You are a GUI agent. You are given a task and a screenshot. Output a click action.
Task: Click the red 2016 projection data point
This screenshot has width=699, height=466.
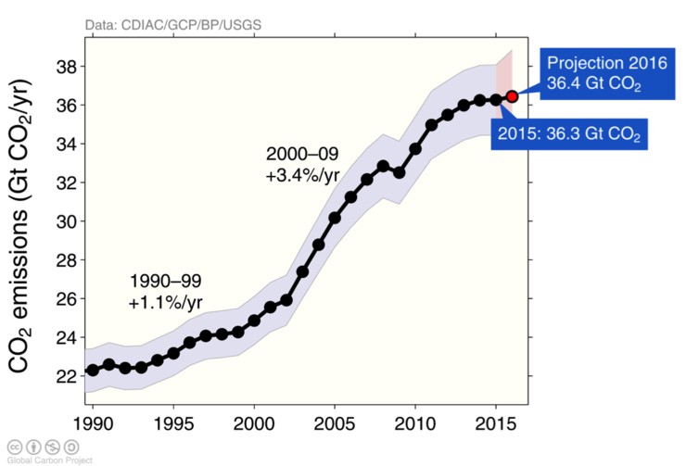[x=512, y=96]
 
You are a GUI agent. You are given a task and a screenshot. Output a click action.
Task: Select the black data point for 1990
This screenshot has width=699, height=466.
[x=92, y=371]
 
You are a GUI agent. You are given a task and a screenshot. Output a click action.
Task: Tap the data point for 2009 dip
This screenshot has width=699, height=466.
[x=399, y=172]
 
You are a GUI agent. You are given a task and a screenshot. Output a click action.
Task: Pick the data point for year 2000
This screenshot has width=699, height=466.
[x=254, y=321]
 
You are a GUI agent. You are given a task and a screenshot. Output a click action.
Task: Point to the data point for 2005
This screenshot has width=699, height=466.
[x=335, y=218]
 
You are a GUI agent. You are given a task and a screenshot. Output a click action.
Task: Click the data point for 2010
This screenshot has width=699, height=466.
[x=415, y=149]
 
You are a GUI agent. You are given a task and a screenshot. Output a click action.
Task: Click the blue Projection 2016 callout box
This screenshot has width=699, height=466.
[x=593, y=74]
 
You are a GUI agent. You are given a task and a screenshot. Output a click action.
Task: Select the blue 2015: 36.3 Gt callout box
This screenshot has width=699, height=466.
[x=571, y=134]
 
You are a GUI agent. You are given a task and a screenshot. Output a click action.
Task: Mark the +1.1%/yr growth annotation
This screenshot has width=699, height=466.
[x=165, y=303]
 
